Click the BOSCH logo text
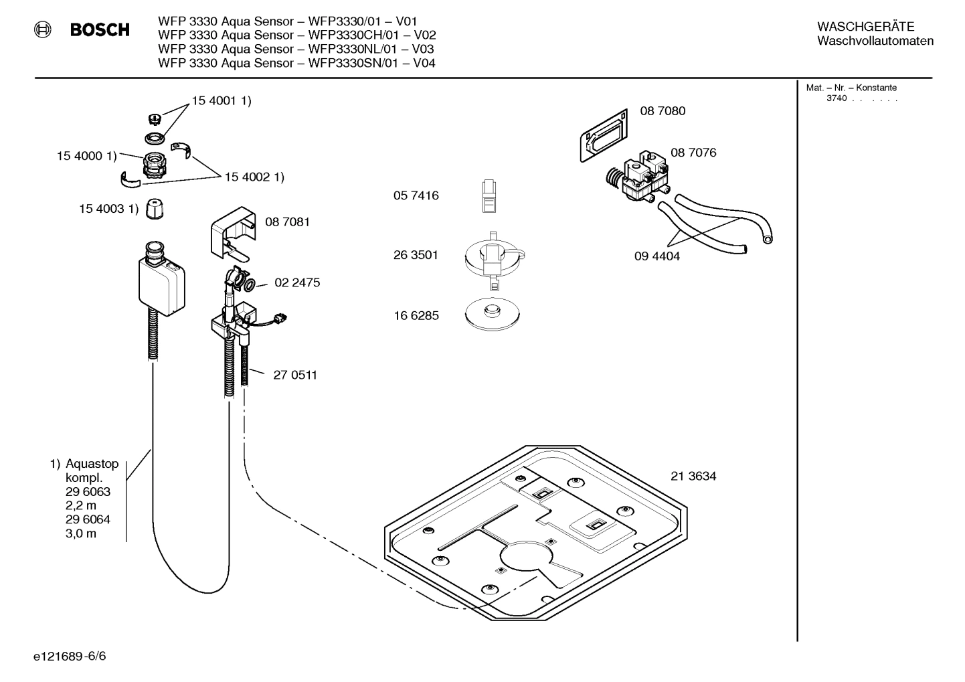tap(100, 30)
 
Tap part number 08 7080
tap(663, 111)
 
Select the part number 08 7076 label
tap(693, 153)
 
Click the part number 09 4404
tap(657, 256)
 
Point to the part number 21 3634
tap(693, 477)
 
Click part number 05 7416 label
tap(416, 196)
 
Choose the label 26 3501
tap(416, 255)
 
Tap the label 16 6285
tap(416, 316)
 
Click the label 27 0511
tap(295, 375)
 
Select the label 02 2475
tap(297, 283)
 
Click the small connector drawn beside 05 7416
tap(489, 196)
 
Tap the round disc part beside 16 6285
tap(493, 313)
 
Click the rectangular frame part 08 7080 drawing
tap(604, 136)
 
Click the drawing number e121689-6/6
tap(70, 656)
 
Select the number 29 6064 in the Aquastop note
tap(88, 520)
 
